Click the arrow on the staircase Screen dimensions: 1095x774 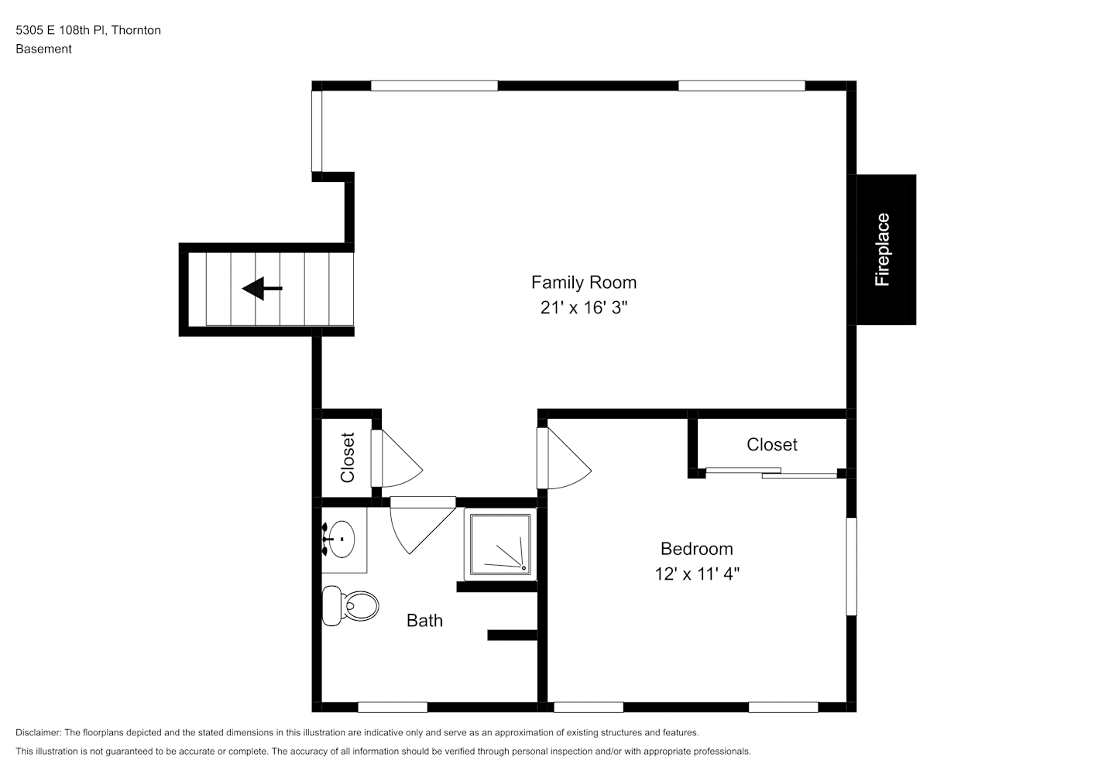[262, 288]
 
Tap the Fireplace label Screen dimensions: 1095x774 [882, 250]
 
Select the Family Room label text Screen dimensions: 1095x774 [584, 283]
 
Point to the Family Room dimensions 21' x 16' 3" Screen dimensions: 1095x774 [584, 307]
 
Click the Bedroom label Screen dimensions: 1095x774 [697, 549]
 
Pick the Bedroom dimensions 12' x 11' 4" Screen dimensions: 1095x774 [697, 574]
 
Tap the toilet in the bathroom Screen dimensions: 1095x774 [351, 606]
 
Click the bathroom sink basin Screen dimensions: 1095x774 [341, 539]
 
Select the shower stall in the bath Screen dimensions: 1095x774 [500, 544]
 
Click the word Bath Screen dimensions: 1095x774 [424, 621]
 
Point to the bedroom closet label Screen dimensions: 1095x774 [772, 444]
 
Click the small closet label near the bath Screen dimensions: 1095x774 [347, 457]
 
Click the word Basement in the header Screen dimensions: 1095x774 [43, 49]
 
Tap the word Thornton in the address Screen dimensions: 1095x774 [136, 30]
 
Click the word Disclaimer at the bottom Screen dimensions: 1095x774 [39, 732]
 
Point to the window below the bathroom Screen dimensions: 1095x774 [393, 707]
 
